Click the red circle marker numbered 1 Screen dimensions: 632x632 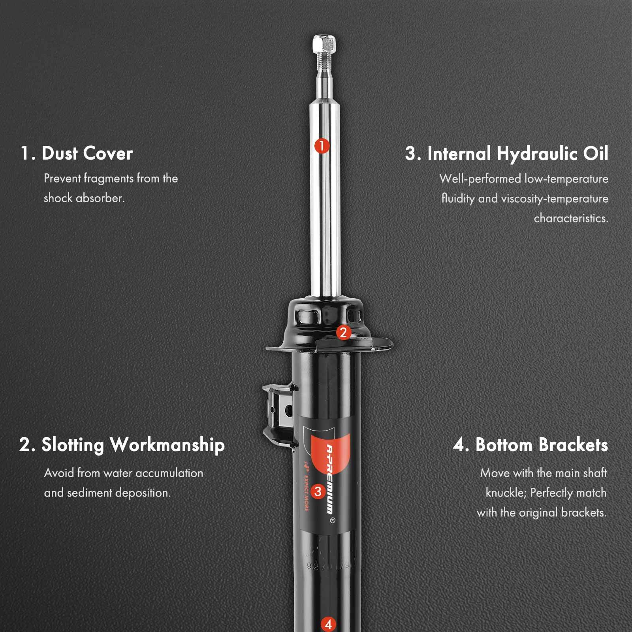(322, 146)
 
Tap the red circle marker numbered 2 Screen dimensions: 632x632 (343, 332)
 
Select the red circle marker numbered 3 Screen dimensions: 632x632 (318, 491)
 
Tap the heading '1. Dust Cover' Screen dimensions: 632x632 (77, 153)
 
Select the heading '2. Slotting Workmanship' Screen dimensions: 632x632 (122, 445)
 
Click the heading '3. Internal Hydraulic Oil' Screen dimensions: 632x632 (507, 154)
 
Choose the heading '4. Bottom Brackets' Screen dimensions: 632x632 (530, 445)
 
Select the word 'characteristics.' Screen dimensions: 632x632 (571, 218)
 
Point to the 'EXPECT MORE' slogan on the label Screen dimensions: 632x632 (306, 494)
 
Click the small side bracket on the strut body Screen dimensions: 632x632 (278, 415)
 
